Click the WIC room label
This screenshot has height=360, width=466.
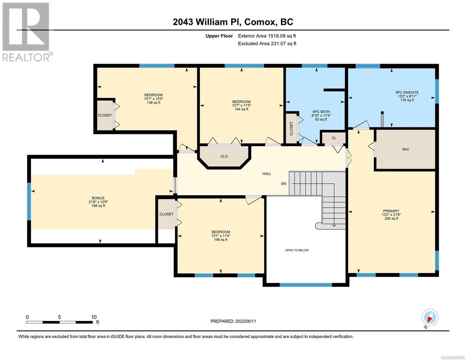[405, 149]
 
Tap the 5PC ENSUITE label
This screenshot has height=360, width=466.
[407, 92]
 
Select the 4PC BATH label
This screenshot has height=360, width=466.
[321, 112]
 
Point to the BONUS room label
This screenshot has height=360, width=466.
[98, 198]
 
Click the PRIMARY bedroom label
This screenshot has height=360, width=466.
[391, 211]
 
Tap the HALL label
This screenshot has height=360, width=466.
[266, 174]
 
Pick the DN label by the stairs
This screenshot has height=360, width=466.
[284, 184]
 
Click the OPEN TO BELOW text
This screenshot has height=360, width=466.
[297, 250]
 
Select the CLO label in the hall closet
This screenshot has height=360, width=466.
[224, 156]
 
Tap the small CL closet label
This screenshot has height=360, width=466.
[334, 138]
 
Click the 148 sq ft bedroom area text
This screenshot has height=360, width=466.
[221, 239]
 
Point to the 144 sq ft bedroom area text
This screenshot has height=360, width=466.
[241, 109]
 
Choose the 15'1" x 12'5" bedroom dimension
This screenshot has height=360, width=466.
[154, 99]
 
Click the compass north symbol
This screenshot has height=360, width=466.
[430, 317]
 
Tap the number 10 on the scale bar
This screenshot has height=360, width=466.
[94, 317]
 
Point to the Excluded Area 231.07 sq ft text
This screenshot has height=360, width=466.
[267, 43]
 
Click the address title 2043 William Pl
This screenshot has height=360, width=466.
[207, 22]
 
